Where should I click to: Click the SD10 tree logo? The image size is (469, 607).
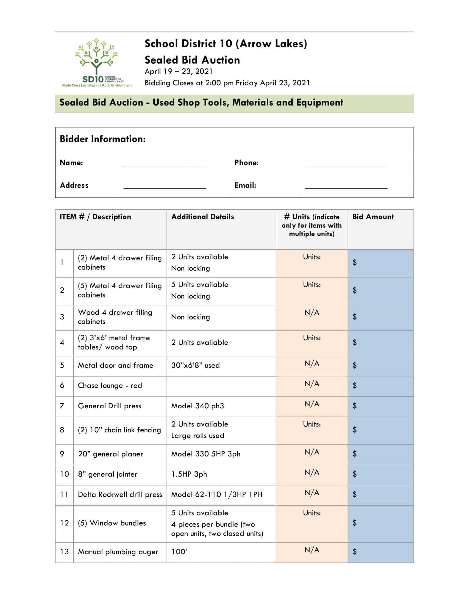click(96, 63)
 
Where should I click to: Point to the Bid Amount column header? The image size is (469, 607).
click(373, 217)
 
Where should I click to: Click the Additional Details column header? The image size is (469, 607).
click(202, 217)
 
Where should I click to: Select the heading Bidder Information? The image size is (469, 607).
click(103, 139)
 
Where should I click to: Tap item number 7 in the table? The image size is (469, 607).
click(62, 406)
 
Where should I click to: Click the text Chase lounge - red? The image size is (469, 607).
click(110, 385)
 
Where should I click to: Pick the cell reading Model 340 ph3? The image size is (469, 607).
click(197, 406)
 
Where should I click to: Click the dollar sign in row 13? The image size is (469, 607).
click(355, 552)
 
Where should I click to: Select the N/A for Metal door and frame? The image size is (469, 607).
click(311, 364)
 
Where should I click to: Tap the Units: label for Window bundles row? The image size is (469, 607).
click(311, 513)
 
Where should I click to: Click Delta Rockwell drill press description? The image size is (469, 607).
click(120, 494)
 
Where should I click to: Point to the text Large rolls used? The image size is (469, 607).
click(197, 435)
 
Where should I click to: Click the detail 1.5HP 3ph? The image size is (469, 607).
click(189, 474)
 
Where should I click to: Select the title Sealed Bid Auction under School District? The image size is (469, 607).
click(192, 60)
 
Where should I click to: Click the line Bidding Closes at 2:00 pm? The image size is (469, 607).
click(227, 83)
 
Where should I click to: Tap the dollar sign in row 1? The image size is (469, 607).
click(355, 262)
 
